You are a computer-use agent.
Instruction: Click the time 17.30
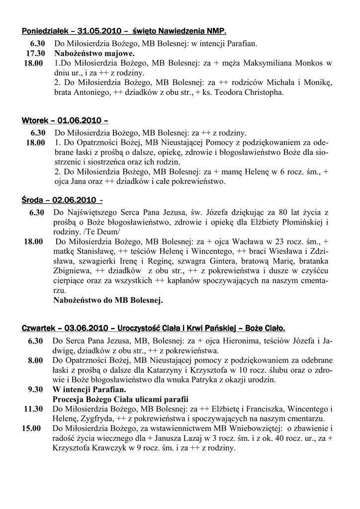[x=35, y=53]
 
